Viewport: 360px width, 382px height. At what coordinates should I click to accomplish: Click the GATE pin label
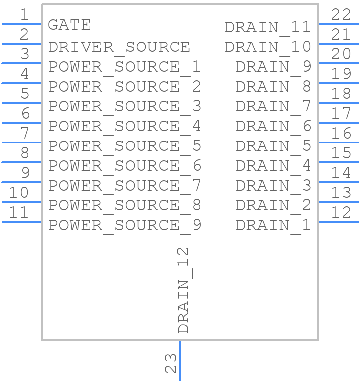pyautogui.click(x=69, y=25)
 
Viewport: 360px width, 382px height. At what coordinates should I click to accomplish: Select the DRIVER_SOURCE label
pyautogui.click(x=119, y=47)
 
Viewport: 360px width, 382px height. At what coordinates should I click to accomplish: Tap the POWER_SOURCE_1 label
pyautogui.click(x=125, y=67)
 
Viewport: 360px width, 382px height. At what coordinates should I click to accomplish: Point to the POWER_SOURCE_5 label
pyautogui.click(x=125, y=146)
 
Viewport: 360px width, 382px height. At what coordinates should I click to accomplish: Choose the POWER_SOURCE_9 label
pyautogui.click(x=125, y=225)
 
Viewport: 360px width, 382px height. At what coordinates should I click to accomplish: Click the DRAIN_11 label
pyautogui.click(x=268, y=27)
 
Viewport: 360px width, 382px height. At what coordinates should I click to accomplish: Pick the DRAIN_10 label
pyautogui.click(x=268, y=47)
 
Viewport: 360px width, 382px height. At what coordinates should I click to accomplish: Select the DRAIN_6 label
pyautogui.click(x=273, y=126)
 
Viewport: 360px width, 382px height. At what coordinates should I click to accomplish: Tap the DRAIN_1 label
pyautogui.click(x=273, y=225)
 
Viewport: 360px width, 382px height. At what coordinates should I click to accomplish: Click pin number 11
pyautogui.click(x=19, y=212)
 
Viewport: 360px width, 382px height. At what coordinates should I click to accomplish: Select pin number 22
pyautogui.click(x=341, y=14)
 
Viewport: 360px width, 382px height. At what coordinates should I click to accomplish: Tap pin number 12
pyautogui.click(x=341, y=212)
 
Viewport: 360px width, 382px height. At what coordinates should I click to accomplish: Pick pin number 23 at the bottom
pyautogui.click(x=170, y=363)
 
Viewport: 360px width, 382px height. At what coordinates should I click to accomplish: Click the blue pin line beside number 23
pyautogui.click(x=180, y=361)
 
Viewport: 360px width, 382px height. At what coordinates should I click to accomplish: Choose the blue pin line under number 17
pyautogui.click(x=339, y=122)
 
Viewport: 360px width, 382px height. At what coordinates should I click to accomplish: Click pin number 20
pyautogui.click(x=341, y=54)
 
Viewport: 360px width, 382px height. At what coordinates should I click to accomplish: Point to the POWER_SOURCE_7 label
pyautogui.click(x=125, y=186)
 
